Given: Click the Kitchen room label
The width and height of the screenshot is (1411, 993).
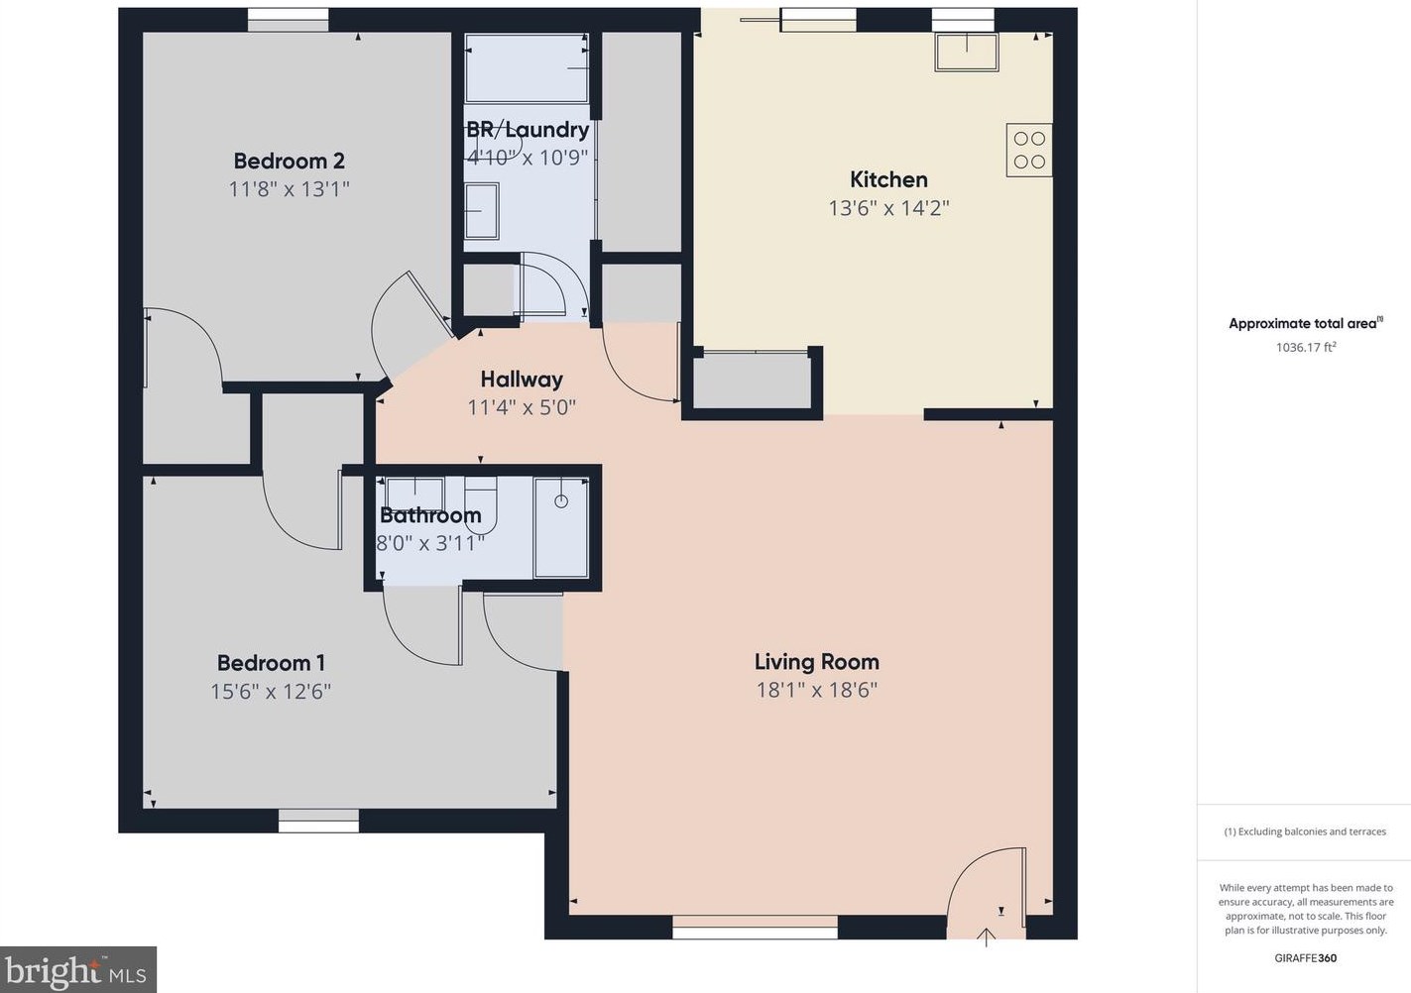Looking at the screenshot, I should click(888, 179).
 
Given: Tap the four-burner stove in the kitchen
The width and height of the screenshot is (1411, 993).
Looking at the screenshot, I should click(1029, 151).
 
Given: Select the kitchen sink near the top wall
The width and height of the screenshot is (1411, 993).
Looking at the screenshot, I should click(966, 52).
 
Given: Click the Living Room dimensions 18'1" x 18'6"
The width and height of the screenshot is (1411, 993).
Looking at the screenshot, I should click(816, 690).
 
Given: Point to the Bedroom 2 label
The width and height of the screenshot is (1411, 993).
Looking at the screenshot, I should click(289, 161).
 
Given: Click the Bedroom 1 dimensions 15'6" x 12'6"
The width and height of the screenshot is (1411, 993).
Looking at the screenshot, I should click(270, 691).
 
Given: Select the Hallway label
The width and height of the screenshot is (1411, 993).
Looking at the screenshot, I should click(522, 379).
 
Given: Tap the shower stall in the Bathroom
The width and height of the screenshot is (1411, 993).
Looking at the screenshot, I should click(561, 527).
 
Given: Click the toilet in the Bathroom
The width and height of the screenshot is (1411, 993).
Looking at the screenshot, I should click(480, 494).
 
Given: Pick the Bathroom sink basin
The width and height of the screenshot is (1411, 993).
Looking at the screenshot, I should click(414, 493).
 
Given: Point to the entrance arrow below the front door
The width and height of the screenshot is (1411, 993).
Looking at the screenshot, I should click(986, 937).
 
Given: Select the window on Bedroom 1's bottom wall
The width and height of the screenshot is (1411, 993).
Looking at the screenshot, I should click(318, 820).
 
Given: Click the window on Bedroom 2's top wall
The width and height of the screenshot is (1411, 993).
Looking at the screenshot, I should click(288, 20).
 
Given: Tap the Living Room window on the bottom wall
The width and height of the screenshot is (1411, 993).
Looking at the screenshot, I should click(755, 932).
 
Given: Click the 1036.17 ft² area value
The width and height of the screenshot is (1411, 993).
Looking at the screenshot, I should click(1305, 347).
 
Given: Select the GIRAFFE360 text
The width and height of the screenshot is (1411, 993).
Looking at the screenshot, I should click(1305, 958).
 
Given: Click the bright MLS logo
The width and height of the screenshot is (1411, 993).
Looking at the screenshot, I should click(78, 969).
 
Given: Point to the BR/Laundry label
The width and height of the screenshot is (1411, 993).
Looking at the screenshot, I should click(528, 130).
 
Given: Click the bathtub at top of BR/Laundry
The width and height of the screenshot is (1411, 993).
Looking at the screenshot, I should click(527, 67).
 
